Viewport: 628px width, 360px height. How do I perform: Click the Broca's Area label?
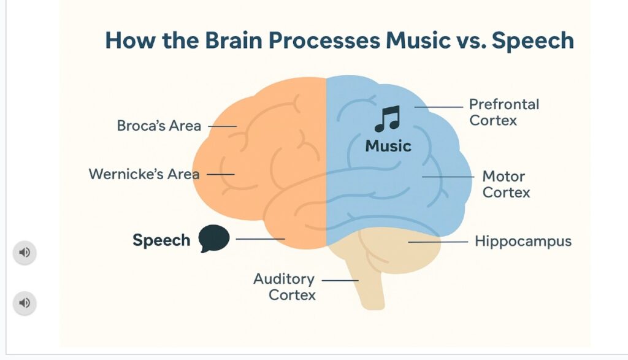159,126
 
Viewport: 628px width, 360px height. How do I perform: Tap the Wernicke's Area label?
144,174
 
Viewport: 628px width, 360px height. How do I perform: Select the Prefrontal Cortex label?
504,112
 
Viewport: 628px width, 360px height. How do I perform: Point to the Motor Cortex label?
505,185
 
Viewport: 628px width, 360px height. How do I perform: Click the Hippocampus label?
523,242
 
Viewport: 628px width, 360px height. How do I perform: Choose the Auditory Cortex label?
285,287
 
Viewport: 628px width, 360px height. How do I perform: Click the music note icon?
387,119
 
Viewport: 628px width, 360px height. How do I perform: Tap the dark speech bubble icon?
214,239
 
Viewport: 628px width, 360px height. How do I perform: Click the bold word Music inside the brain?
388,147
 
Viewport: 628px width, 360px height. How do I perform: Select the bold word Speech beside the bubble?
161,240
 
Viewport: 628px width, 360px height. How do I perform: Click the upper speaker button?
25,253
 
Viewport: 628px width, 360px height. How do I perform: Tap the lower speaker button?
25,303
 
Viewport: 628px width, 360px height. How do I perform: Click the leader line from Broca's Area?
222,126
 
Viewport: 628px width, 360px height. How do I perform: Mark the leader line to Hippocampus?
438,242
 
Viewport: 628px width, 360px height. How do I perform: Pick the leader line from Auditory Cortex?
340,280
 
